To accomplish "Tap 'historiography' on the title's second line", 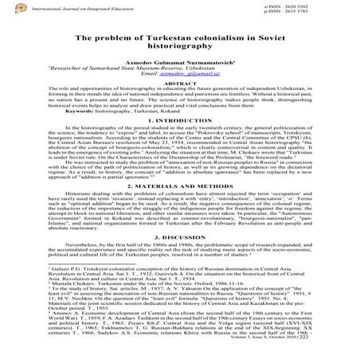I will point(179,48).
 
